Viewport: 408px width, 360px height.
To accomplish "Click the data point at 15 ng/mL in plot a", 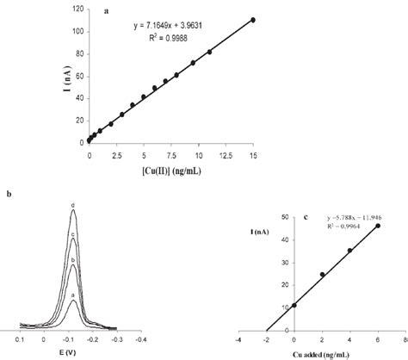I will (x=252, y=19).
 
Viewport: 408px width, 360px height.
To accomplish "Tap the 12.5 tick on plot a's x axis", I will (x=226, y=154).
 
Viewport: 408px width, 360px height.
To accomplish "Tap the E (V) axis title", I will (x=73, y=353).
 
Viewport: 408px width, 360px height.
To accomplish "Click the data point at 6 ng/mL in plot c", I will (x=377, y=226).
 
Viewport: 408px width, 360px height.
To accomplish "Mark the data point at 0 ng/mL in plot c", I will (x=295, y=305).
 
